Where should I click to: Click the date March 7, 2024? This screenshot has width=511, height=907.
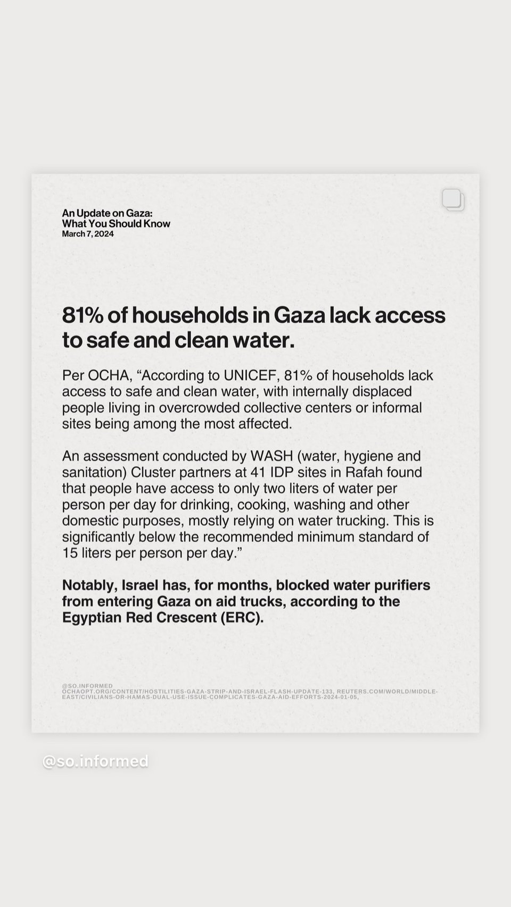coord(88,234)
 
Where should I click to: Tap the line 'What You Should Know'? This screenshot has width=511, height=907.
coord(116,224)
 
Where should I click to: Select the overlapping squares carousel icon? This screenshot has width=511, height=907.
coord(453,200)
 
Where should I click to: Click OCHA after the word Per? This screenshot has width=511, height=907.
coord(109,375)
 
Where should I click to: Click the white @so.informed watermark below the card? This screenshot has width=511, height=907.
coord(95,761)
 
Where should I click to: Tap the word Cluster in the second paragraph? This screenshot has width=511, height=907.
coord(153,472)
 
